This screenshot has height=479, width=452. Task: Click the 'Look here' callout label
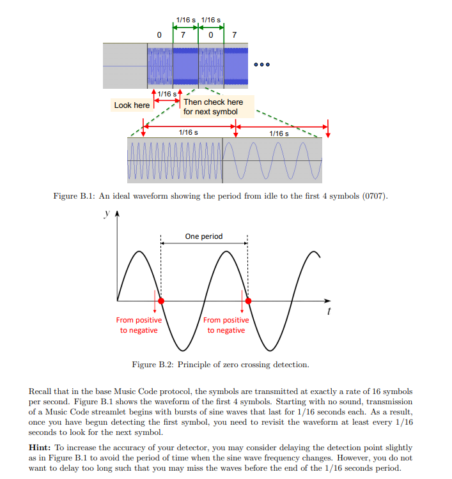click(x=132, y=105)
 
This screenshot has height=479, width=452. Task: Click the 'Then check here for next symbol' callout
click(x=213, y=107)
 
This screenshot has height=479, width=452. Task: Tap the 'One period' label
click(x=204, y=236)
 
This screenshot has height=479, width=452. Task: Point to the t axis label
click(x=329, y=312)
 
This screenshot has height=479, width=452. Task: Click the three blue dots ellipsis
click(x=262, y=65)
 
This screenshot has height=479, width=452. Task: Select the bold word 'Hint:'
click(x=42, y=448)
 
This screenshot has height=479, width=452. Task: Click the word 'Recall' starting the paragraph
click(x=41, y=391)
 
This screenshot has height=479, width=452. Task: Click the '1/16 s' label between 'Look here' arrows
click(x=167, y=94)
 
